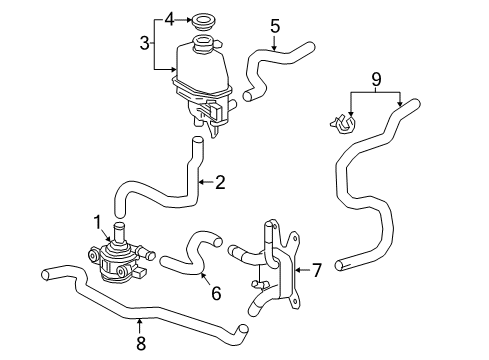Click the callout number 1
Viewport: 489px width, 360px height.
[98, 222]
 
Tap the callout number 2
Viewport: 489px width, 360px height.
[220, 182]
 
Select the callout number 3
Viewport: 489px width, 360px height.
[146, 43]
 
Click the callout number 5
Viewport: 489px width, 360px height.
[274, 25]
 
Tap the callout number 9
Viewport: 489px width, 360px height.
[376, 78]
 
